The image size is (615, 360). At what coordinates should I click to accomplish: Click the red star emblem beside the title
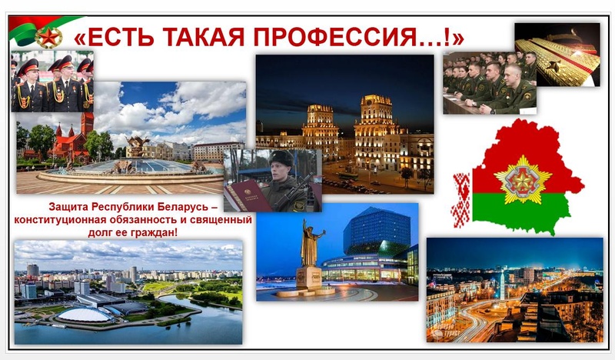[48, 38]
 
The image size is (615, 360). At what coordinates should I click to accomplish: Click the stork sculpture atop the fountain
[138, 145]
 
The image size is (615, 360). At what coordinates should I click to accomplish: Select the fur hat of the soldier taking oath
[281, 158]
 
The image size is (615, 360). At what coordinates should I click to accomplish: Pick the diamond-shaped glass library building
[372, 231]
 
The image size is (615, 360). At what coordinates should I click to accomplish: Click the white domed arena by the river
[85, 315]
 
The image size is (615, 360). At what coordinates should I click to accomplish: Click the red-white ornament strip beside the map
[462, 200]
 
